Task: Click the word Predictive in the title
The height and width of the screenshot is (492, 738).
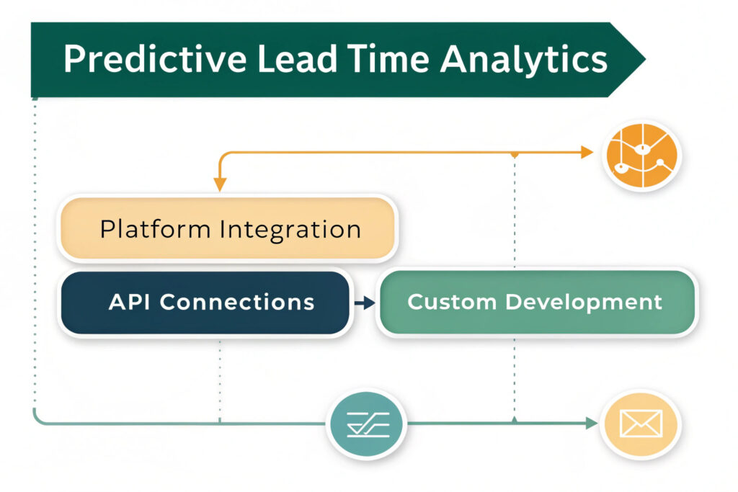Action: pyautogui.click(x=155, y=59)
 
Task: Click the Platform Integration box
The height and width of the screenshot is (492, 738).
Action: pyautogui.click(x=228, y=228)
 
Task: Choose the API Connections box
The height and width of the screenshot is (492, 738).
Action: pyautogui.click(x=205, y=303)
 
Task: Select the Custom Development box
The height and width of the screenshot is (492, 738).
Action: pyautogui.click(x=537, y=302)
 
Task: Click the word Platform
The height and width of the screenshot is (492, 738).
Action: pyautogui.click(x=155, y=230)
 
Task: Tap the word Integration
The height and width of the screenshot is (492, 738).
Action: pyautogui.click(x=290, y=231)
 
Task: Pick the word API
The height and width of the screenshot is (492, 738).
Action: pyautogui.click(x=128, y=302)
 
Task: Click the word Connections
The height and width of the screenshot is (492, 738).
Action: pyautogui.click(x=236, y=302)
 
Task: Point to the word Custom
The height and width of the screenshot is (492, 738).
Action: pyautogui.click(x=451, y=302)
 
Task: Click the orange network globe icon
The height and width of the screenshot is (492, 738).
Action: pyautogui.click(x=642, y=155)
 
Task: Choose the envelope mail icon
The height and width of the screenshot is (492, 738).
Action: pyautogui.click(x=641, y=424)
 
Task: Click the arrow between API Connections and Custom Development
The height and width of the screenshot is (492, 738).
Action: pyautogui.click(x=365, y=303)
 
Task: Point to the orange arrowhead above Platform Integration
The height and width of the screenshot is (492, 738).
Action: pyautogui.click(x=220, y=184)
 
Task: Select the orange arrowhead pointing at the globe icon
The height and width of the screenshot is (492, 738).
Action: pyautogui.click(x=587, y=153)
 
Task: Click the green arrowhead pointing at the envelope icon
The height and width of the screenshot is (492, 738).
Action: pyautogui.click(x=592, y=424)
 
